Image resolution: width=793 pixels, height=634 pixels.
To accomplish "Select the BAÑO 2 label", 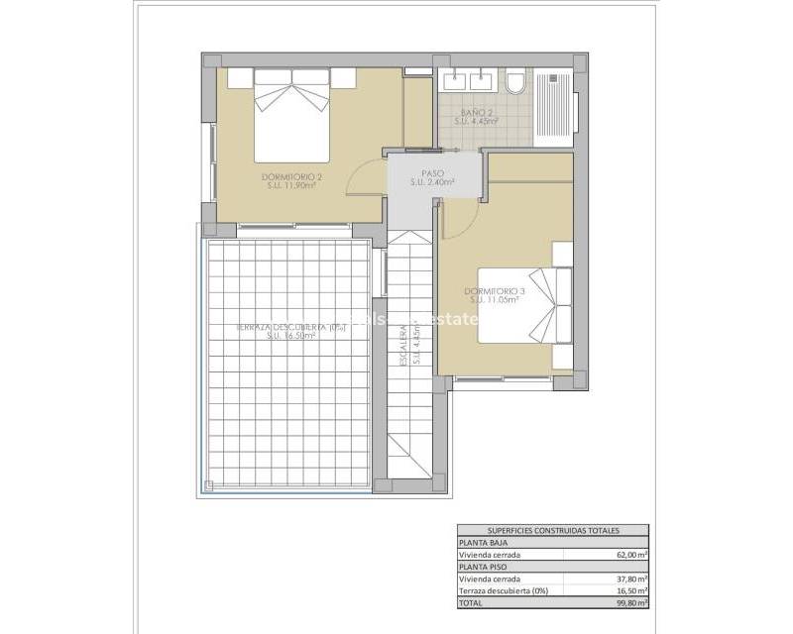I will [477, 115].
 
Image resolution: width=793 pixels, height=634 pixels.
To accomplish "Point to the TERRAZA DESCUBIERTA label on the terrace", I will [289, 328].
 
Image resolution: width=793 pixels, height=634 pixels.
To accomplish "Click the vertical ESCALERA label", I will [405, 347].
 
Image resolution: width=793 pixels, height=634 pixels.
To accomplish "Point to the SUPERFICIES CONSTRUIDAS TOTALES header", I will [552, 532].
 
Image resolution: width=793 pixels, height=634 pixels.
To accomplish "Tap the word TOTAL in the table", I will [470, 602].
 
